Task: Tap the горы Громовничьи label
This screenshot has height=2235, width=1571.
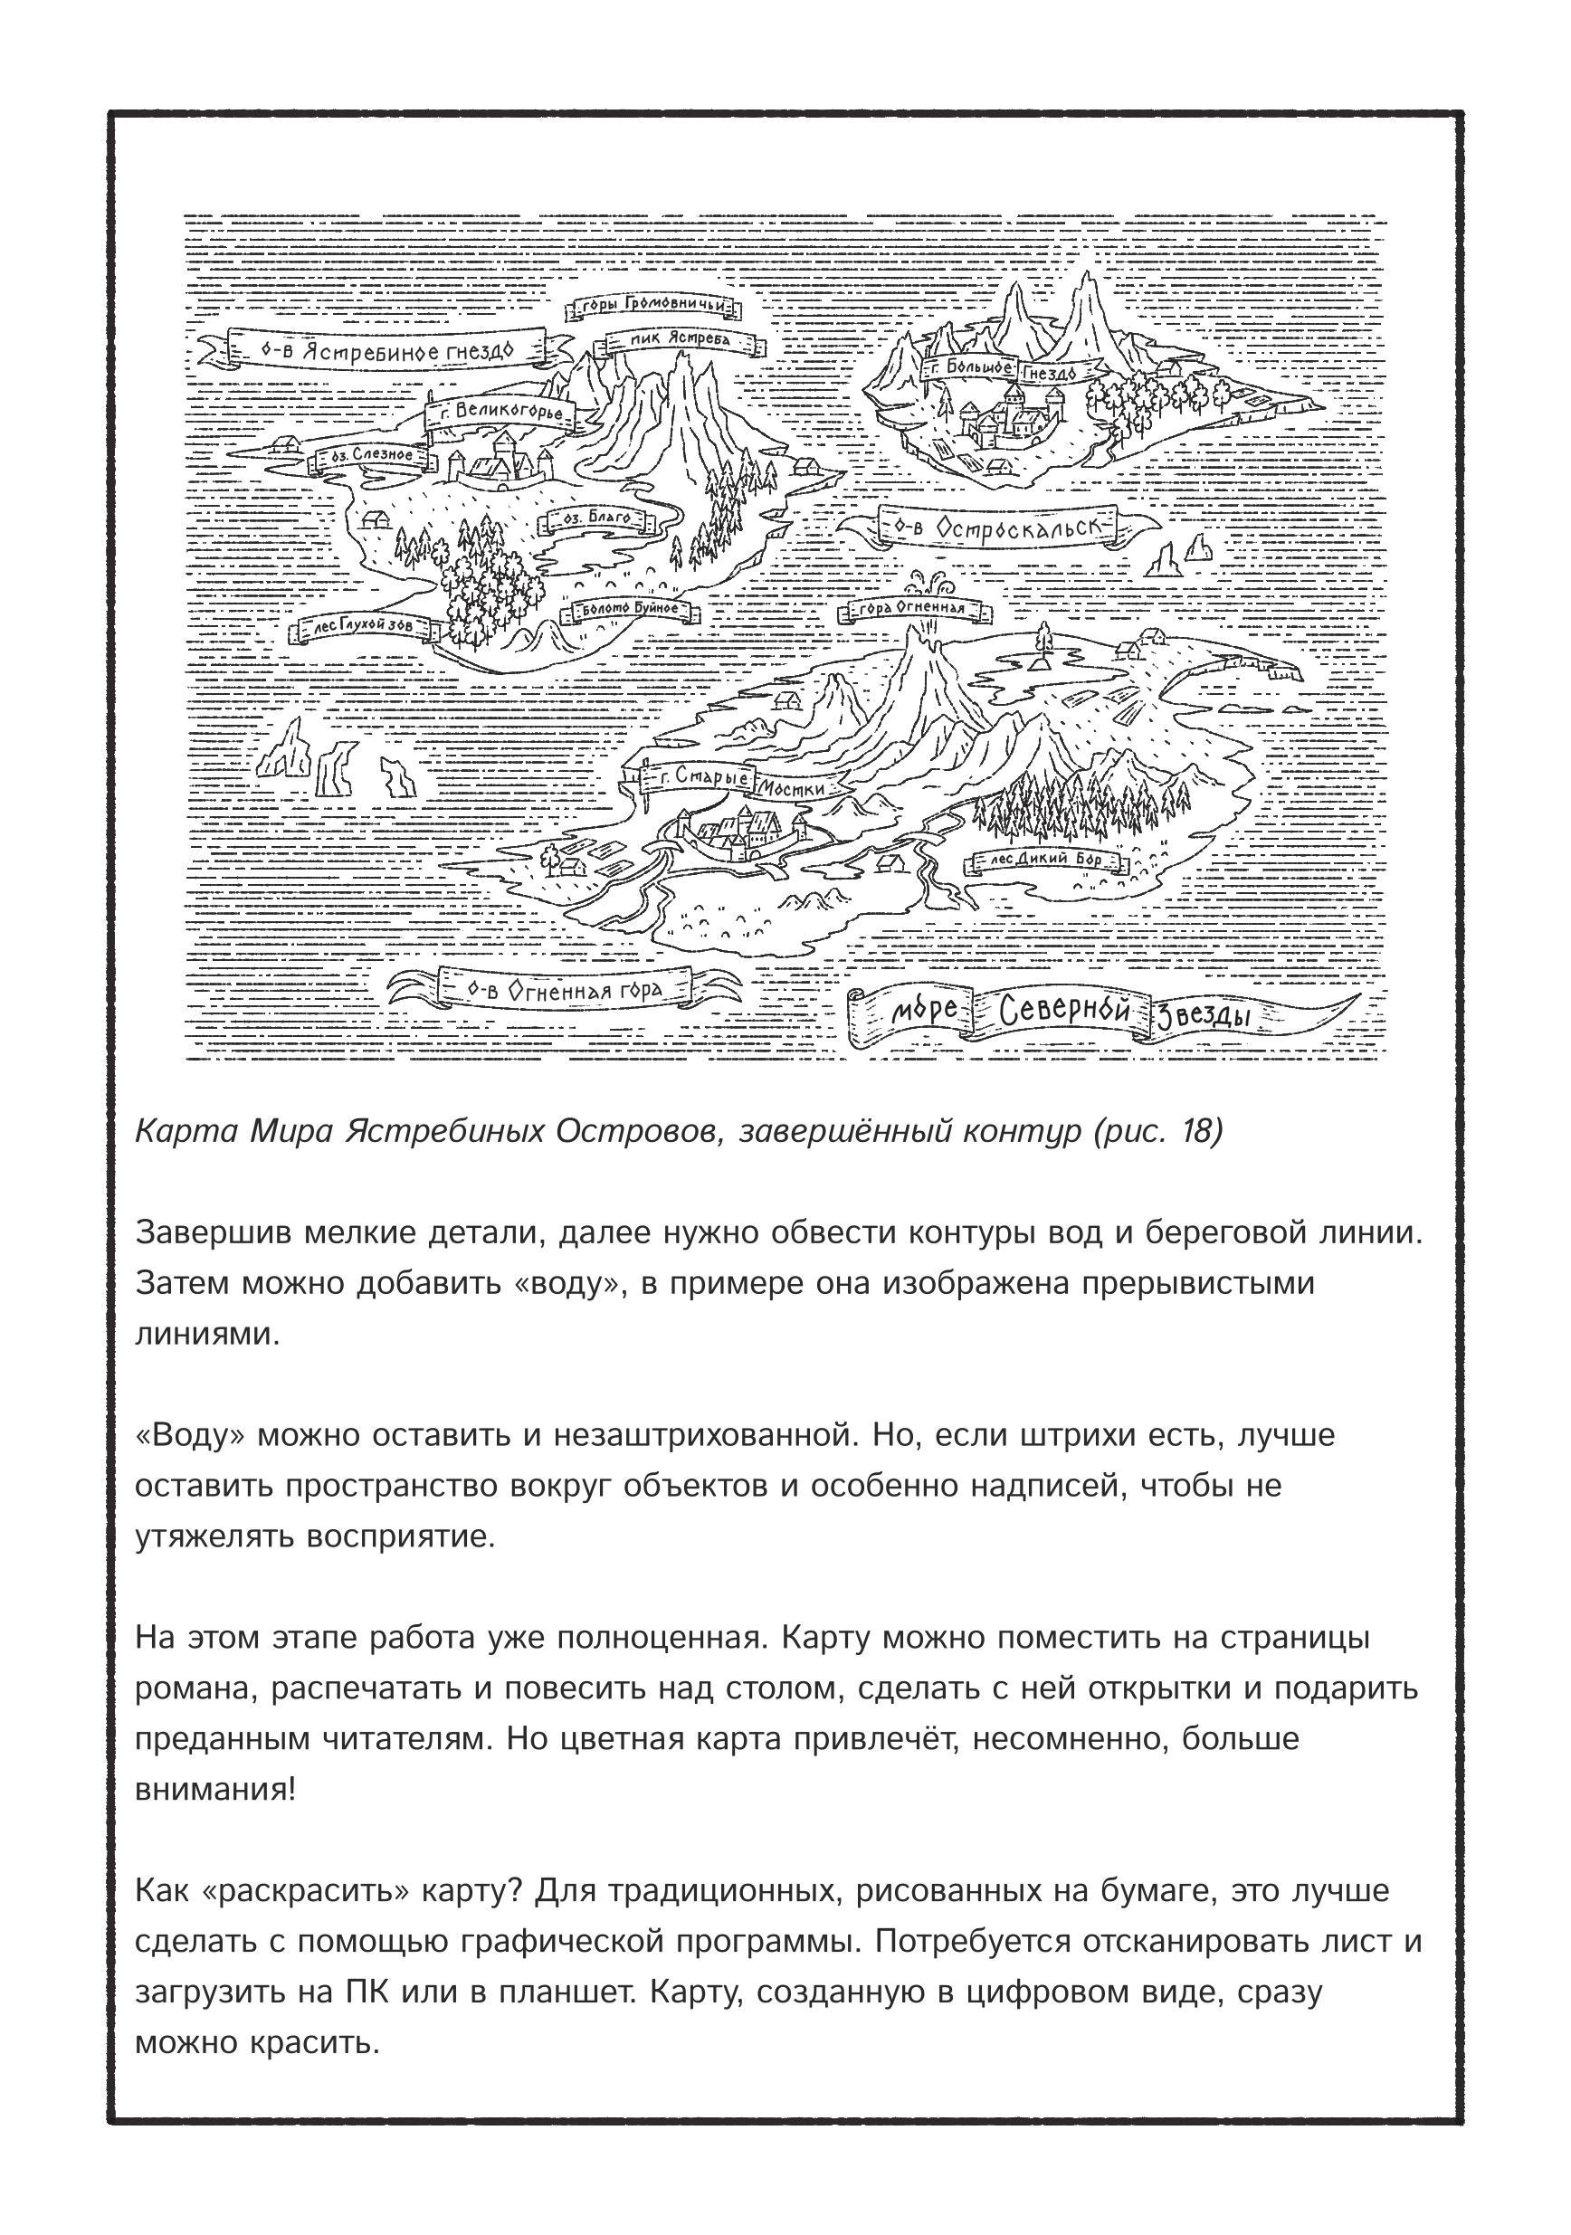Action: [x=654, y=306]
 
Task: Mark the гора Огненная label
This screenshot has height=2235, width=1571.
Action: [x=912, y=609]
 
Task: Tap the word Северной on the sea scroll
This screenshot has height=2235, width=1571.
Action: [x=1064, y=1013]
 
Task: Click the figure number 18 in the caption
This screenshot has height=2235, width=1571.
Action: [x=1195, y=1131]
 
